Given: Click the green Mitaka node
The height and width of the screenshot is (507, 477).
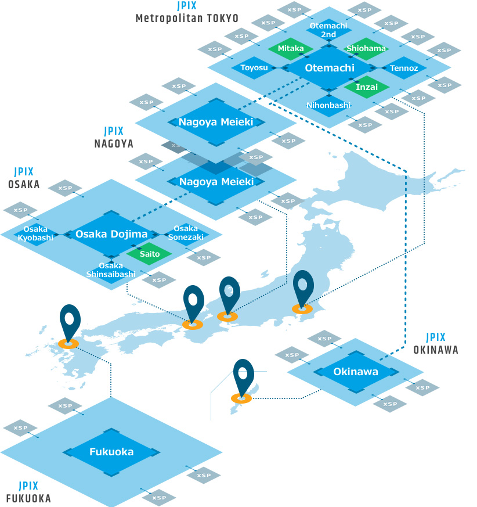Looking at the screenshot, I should [x=291, y=49].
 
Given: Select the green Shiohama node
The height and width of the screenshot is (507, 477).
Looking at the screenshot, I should [x=366, y=49].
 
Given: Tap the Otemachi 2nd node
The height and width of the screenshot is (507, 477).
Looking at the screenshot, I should [x=328, y=30].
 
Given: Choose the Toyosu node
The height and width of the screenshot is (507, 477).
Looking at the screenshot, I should [x=254, y=68].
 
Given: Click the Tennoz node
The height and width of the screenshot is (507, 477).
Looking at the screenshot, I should [x=404, y=68].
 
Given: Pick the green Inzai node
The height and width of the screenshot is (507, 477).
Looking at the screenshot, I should [x=366, y=87].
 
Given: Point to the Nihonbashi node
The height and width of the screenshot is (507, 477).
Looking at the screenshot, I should [x=328, y=105].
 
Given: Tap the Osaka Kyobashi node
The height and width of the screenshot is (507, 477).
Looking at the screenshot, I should [x=35, y=233].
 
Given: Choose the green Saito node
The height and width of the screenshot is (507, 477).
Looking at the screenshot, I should [x=150, y=254].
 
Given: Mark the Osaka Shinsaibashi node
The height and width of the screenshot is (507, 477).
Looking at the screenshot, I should [x=111, y=269].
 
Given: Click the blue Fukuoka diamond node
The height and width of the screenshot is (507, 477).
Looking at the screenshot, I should [x=111, y=452].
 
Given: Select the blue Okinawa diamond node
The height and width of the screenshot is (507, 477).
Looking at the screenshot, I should [x=356, y=372].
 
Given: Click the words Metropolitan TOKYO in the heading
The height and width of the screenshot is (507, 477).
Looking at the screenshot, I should [x=187, y=18].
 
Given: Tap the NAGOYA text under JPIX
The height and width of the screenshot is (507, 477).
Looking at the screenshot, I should [x=114, y=143].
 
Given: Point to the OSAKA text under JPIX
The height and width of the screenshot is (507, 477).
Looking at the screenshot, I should [x=24, y=184].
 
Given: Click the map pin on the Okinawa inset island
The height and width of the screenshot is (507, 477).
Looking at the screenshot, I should [x=243, y=377].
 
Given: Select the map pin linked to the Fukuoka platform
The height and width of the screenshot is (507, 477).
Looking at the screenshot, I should [x=70, y=323].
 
